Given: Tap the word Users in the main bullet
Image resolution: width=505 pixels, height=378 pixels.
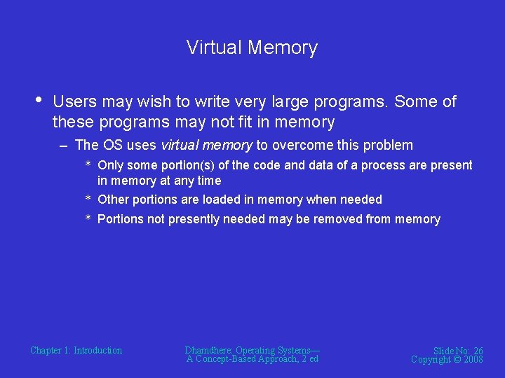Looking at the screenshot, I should [x=75, y=102].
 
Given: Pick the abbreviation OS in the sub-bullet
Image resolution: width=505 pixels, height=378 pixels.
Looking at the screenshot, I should [x=113, y=146].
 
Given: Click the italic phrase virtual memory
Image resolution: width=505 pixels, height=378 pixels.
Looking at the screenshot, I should [x=206, y=146].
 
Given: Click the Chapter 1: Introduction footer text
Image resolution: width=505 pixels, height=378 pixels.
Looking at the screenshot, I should [x=76, y=351].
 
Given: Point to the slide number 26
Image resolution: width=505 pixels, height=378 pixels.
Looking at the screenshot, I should [x=478, y=351].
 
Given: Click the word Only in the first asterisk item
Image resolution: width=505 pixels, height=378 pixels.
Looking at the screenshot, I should [x=110, y=166].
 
